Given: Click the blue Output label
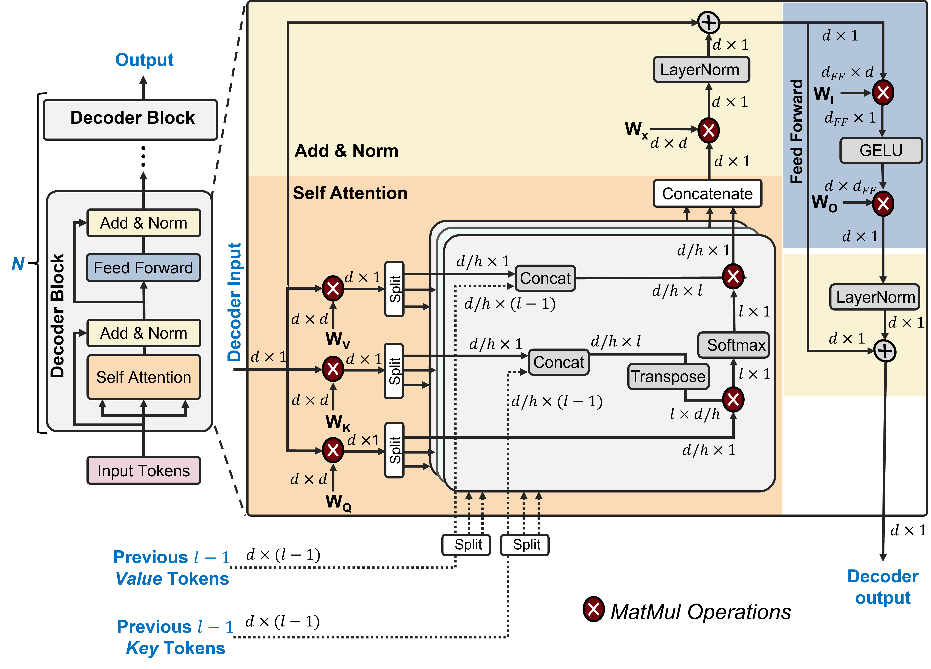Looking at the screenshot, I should click(144, 60).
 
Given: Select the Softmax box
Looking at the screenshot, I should click(734, 345).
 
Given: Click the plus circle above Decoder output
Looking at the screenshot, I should click(885, 351).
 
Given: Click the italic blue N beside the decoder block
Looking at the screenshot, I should click(18, 264).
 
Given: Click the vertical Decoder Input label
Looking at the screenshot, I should click(234, 302).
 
